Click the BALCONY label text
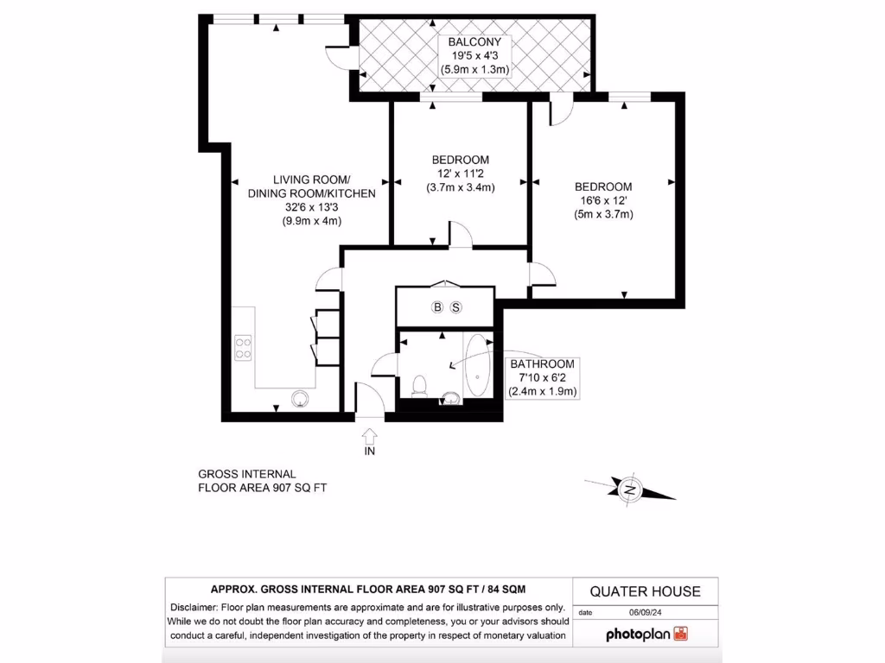pos(474,41)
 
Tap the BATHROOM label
pos(542,364)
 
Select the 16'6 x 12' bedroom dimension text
pos(603,200)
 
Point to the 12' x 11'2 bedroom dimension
pos(460,174)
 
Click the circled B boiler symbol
pos(437,307)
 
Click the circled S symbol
pos(456,307)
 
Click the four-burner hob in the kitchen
pos(243,347)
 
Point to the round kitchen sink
pos(301,399)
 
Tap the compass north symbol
pos(631,490)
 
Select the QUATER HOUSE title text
pos(645,591)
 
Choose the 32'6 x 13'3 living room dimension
pos(311,207)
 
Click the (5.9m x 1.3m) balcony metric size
pos(474,68)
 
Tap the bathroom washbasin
pos(451,398)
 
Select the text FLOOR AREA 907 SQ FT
pos(263,488)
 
